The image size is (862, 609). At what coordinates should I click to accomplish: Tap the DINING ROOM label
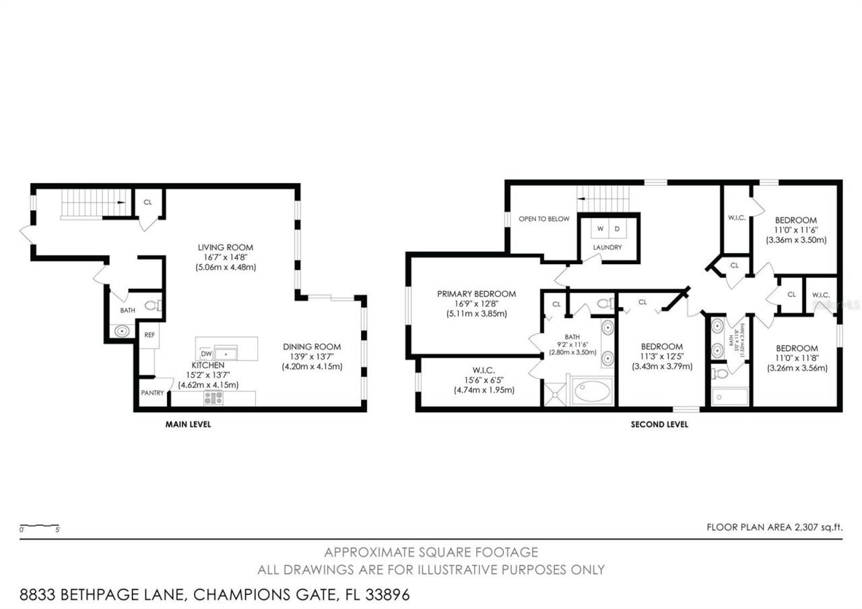coord(312,347)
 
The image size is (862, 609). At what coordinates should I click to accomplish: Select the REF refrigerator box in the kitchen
coord(149,333)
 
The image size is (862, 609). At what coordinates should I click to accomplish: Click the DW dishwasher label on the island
coord(207,353)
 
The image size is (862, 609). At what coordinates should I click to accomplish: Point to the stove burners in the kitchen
coord(213,398)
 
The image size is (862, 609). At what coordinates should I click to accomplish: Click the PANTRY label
coord(152,393)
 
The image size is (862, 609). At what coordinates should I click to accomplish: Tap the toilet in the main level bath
coord(152,305)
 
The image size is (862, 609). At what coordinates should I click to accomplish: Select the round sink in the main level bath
coord(122,331)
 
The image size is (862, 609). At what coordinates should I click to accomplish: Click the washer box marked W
coord(600,228)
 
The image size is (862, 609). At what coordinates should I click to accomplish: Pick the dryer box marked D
coord(616,228)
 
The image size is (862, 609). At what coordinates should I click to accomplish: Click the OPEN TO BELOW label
coord(544,219)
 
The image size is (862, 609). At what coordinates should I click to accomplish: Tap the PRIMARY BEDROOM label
coord(476,294)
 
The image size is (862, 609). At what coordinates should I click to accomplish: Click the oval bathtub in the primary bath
coord(593,391)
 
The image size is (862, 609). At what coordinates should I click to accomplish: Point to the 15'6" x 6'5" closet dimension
coord(484,380)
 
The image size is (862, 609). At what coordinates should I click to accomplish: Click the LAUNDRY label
coord(607,247)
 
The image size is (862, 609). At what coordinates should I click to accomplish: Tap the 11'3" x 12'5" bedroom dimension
coord(662,357)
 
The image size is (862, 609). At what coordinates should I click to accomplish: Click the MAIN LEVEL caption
coord(188,424)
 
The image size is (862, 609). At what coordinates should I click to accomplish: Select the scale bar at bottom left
coord(40,527)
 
